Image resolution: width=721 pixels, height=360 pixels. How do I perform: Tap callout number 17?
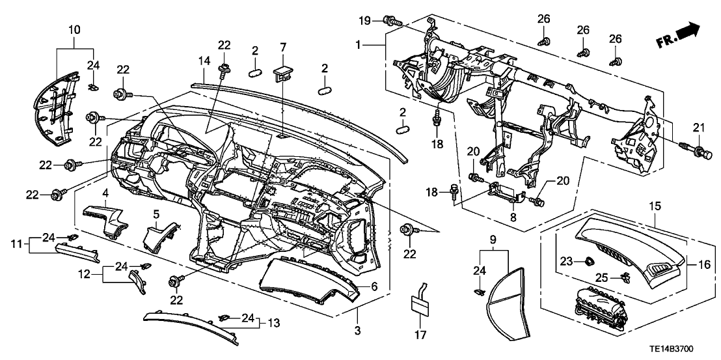[420, 337]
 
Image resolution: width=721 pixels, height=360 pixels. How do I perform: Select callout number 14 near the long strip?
[204, 60]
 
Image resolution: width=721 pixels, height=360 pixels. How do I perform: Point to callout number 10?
[73, 29]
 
